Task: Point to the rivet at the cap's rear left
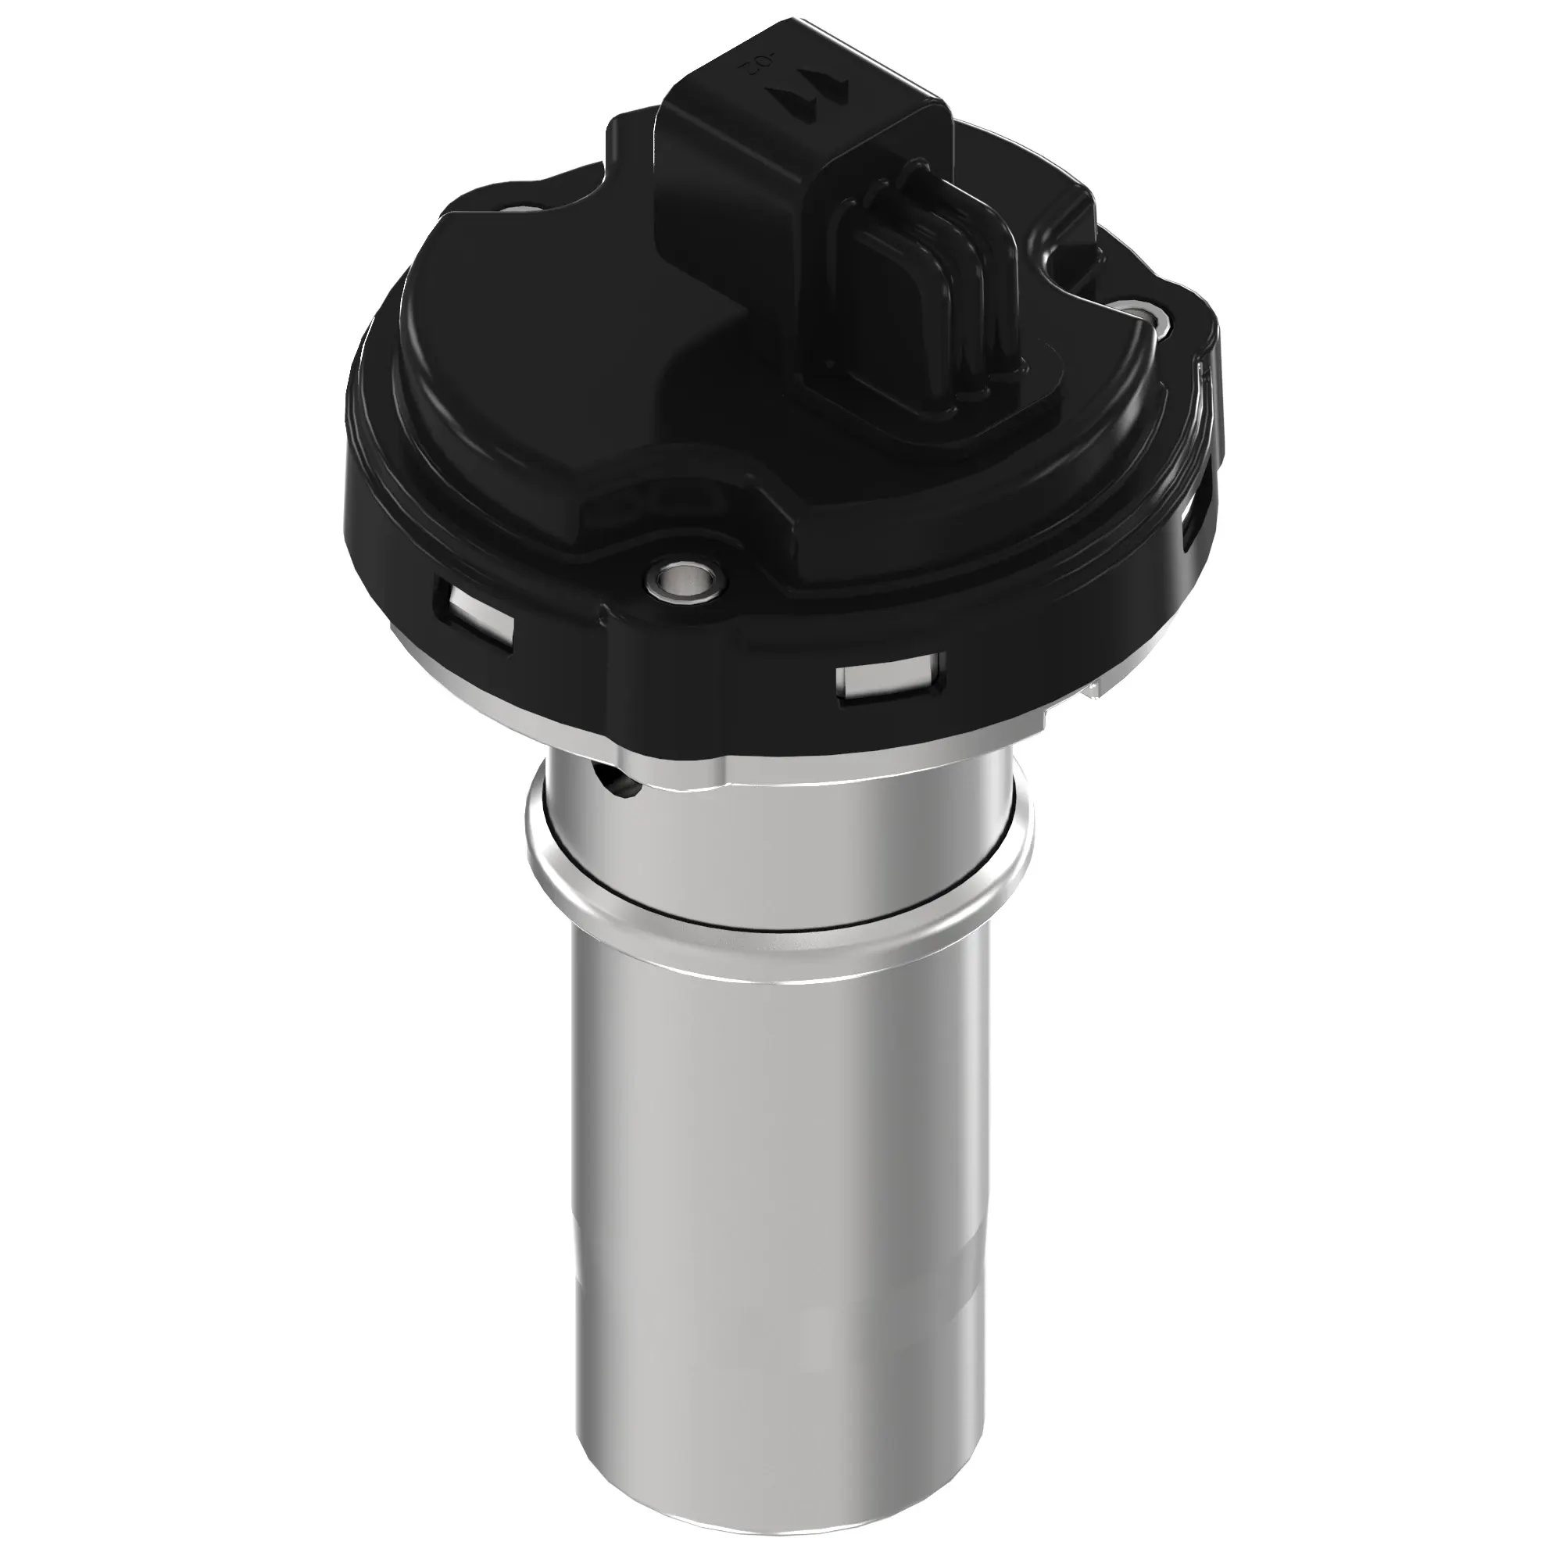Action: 526,211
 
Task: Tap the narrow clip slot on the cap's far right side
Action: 1189,527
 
